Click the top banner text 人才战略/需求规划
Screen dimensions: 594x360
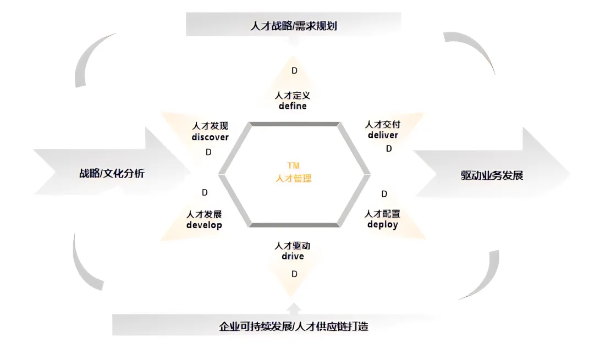pyautogui.click(x=293, y=25)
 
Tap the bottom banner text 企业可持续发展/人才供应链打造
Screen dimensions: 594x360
pyautogui.click(x=293, y=326)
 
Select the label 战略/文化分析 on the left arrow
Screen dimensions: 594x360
pyautogui.click(x=112, y=174)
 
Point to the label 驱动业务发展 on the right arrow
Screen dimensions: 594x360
pyautogui.click(x=492, y=176)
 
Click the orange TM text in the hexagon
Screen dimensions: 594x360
pyautogui.click(x=293, y=165)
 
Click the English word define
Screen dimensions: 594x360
pyautogui.click(x=293, y=106)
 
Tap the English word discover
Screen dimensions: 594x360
pyautogui.click(x=210, y=137)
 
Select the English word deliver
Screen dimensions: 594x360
pyautogui.click(x=383, y=135)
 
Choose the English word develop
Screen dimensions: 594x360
pyautogui.click(x=204, y=225)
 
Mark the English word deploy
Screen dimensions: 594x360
pyautogui.click(x=383, y=224)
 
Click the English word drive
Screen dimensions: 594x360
pyautogui.click(x=293, y=256)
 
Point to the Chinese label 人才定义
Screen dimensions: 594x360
pyautogui.click(x=293, y=95)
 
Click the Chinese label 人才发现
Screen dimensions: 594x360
pyautogui.click(x=210, y=126)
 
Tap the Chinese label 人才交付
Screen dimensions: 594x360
pyautogui.click(x=383, y=125)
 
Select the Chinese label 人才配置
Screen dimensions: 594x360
pyautogui.click(x=383, y=214)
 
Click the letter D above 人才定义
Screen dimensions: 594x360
pyautogui.click(x=294, y=71)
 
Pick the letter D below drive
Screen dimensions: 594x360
pyautogui.click(x=294, y=274)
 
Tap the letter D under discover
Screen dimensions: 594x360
pyautogui.click(x=208, y=152)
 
